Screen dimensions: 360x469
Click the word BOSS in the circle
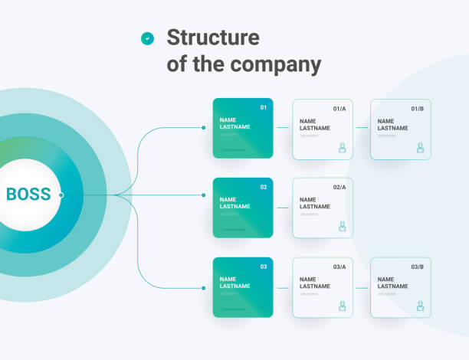28,195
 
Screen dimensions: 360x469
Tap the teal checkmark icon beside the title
147,38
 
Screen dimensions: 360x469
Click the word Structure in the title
213,38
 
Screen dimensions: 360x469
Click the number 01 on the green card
264,107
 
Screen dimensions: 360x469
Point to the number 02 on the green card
264,187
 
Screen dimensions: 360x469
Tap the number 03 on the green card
264,267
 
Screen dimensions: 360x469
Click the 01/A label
339,109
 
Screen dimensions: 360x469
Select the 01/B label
418,109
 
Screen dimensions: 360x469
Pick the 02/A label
339,188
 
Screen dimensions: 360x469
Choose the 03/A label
339,267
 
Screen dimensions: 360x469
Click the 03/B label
418,267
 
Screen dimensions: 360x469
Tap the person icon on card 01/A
342,148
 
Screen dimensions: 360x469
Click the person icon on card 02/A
342,227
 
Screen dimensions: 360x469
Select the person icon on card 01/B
420,148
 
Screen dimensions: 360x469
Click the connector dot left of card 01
203,128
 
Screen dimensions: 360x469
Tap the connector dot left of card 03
203,288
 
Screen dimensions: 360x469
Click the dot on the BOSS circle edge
61,195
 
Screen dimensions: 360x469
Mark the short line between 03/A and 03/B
361,288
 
